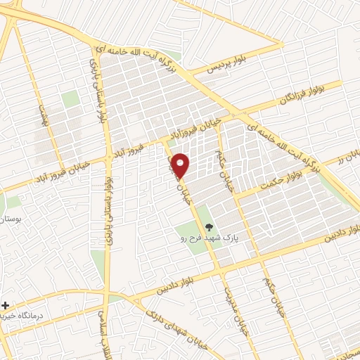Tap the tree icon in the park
click(x=208, y=226)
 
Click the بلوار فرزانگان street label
click(x=290, y=97)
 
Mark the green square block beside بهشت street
click(x=70, y=100)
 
